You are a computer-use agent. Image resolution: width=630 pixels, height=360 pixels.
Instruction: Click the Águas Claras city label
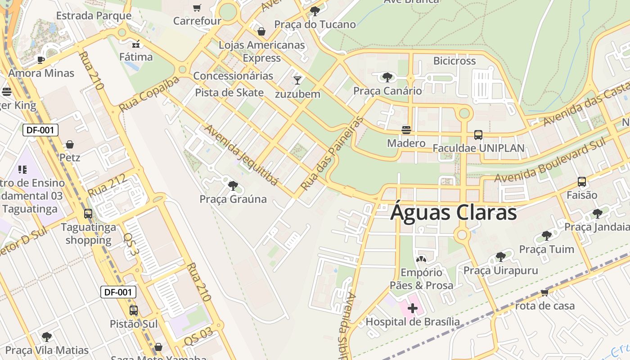pyautogui.click(x=453, y=212)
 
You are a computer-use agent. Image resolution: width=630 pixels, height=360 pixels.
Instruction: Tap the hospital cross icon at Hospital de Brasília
pyautogui.click(x=413, y=308)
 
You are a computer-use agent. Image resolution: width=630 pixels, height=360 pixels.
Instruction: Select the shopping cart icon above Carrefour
pyautogui.click(x=197, y=8)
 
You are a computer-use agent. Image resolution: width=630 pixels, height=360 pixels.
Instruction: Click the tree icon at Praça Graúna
pyautogui.click(x=233, y=185)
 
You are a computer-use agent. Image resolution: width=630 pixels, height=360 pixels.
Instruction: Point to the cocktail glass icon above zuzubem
pyautogui.click(x=297, y=81)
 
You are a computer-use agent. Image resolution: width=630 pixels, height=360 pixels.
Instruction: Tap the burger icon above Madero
pyautogui.click(x=406, y=130)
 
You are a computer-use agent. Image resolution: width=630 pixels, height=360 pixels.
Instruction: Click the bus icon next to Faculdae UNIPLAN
pyautogui.click(x=478, y=135)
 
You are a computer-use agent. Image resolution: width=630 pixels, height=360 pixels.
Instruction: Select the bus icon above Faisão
pyautogui.click(x=582, y=182)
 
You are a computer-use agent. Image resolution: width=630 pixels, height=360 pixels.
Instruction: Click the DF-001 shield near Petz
pyautogui.click(x=40, y=130)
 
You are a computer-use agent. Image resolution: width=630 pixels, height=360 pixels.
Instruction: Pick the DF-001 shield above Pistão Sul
pyautogui.click(x=118, y=292)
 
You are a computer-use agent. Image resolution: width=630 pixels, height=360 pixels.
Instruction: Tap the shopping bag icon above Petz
pyautogui.click(x=70, y=144)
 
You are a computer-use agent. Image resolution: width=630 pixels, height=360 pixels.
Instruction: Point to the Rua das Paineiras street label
pyautogui.click(x=332, y=153)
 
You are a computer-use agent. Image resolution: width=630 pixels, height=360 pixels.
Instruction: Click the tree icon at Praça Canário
pyautogui.click(x=387, y=77)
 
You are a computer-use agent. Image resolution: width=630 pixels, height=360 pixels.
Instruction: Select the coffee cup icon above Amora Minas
pyautogui.click(x=41, y=60)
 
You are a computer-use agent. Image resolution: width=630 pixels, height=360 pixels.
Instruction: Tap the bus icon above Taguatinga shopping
pyautogui.click(x=88, y=214)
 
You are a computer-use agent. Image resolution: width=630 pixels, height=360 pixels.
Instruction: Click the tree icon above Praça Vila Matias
pyautogui.click(x=47, y=337)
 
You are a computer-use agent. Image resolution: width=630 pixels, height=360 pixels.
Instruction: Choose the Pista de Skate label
pyautogui.click(x=229, y=93)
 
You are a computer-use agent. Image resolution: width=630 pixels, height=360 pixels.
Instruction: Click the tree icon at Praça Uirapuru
pyautogui.click(x=500, y=257)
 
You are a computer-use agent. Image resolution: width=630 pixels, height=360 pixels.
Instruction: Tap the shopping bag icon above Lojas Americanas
pyautogui.click(x=261, y=31)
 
